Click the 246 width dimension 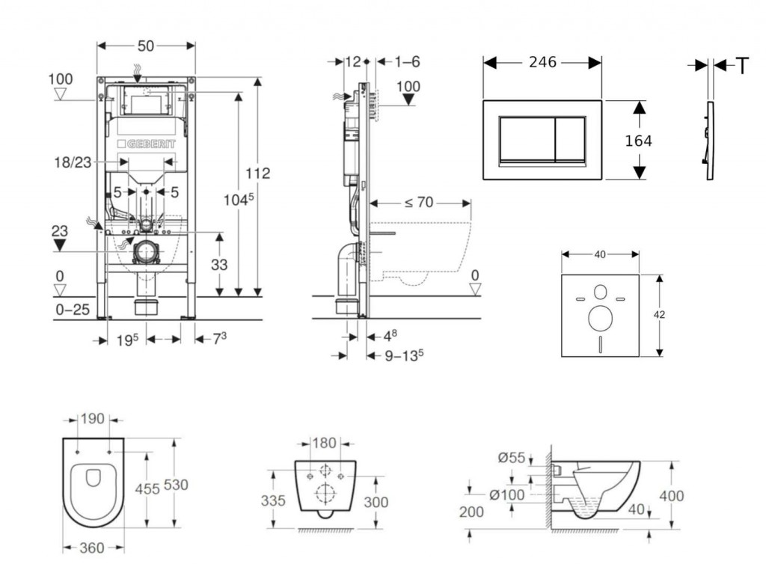pyautogui.click(x=542, y=62)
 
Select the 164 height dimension pyautogui.click(x=637, y=141)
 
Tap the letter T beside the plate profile pyautogui.click(x=742, y=67)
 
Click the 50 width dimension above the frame pyautogui.click(x=146, y=46)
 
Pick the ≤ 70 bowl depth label pyautogui.click(x=419, y=203)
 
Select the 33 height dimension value pyautogui.click(x=218, y=263)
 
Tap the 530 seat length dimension pyautogui.click(x=176, y=485)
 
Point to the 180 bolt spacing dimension pyautogui.click(x=323, y=443)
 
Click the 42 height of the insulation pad pyautogui.click(x=659, y=315)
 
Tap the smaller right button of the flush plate pyautogui.click(x=570, y=141)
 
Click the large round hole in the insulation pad pyautogui.click(x=600, y=319)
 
